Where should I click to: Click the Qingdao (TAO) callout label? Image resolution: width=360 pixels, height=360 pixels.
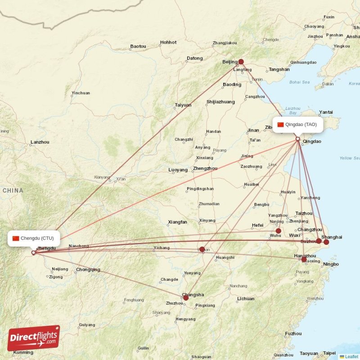[x=298, y=125]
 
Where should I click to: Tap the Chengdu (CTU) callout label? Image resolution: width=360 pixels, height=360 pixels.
[x=34, y=238]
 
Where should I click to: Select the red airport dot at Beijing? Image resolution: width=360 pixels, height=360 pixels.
[x=241, y=62]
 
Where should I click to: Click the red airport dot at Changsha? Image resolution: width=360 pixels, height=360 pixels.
[x=186, y=297]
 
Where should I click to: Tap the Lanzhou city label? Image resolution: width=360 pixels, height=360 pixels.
[x=40, y=142]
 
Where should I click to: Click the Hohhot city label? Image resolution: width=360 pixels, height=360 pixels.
[x=168, y=42]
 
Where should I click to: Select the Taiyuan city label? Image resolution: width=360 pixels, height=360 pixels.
[x=183, y=105]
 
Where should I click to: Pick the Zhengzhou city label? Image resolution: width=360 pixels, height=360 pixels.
[x=205, y=168]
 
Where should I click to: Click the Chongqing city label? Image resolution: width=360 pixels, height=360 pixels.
[x=88, y=270]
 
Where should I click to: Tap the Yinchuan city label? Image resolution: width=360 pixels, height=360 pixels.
[x=81, y=93]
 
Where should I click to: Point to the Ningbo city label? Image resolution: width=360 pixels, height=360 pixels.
[x=331, y=264]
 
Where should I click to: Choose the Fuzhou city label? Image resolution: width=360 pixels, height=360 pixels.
[x=293, y=333]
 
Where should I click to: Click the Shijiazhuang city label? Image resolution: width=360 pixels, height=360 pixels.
[x=220, y=102]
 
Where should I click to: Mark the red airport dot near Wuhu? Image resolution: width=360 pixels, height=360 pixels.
[x=279, y=231]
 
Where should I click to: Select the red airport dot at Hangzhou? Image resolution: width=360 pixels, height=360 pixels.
[x=304, y=260]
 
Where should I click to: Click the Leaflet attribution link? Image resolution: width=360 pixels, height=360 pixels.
[x=351, y=356]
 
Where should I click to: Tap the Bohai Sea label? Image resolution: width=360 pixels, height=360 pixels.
[x=300, y=82]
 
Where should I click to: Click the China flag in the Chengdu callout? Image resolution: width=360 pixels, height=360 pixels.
[x=16, y=238]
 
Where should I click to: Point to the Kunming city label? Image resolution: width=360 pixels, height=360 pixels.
[x=23, y=352]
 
